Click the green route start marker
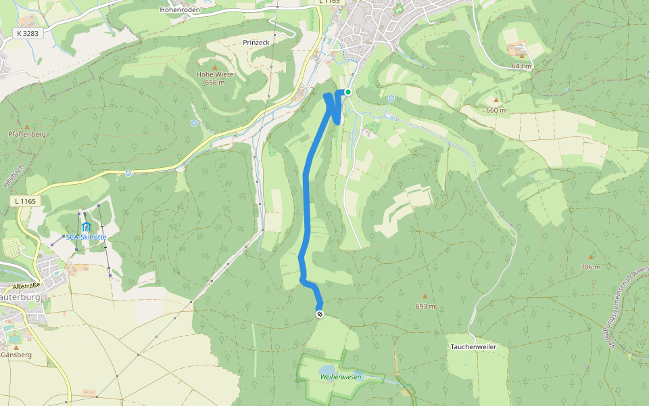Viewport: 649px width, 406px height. [x=348, y=92]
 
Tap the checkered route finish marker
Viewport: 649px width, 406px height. [x=320, y=314]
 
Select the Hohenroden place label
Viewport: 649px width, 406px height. [x=180, y=10]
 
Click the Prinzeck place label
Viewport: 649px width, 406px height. [x=256, y=42]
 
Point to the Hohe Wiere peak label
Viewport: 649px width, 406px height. [x=215, y=75]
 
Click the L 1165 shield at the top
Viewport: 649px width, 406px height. [x=329, y=2]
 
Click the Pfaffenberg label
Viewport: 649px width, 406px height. [x=27, y=134]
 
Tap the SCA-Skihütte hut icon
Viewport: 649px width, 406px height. [x=86, y=226]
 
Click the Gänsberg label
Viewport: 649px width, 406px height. [x=16, y=355]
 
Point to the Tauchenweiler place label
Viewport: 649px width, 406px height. [x=473, y=346]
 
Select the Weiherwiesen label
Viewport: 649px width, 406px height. [x=341, y=376]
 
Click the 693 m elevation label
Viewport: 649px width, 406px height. [x=425, y=307]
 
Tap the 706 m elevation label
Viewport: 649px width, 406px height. [x=590, y=267]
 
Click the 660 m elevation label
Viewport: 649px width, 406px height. [x=496, y=110]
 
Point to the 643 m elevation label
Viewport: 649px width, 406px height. [x=522, y=66]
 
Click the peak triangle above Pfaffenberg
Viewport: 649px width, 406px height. [x=27, y=127]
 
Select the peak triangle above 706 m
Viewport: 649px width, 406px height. [x=590, y=257]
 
